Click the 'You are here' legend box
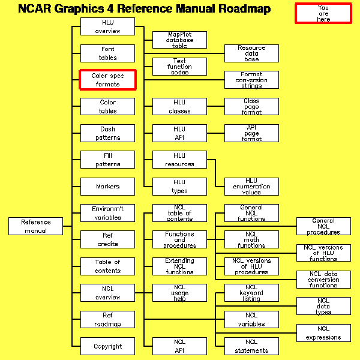pyautogui.click(x=323, y=13)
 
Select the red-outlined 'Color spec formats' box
pyautogui.click(x=108, y=80)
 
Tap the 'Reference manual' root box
pyautogui.click(x=36, y=226)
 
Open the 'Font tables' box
pyautogui.click(x=108, y=53)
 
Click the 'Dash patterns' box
pyautogui.click(x=108, y=133)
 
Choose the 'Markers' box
pyautogui.click(x=108, y=187)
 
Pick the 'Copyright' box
pyautogui.click(x=108, y=346)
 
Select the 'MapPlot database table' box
pyautogui.click(x=179, y=40)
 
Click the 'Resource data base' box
pyautogui.click(x=251, y=53)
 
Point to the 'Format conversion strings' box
pyautogui.click(x=251, y=80)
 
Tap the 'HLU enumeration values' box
pyautogui.click(x=251, y=187)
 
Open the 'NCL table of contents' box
pyautogui.click(x=179, y=213)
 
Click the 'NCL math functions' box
pyautogui.click(x=251, y=239)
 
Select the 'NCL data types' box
pyautogui.click(x=323, y=306)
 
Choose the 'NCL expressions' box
pyautogui.click(x=323, y=333)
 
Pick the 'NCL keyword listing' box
pyautogui.click(x=251, y=293)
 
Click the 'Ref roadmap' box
pyautogui.click(x=108, y=320)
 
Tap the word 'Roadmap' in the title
pyautogui.click(x=240, y=9)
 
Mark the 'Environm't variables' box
pyautogui.click(x=108, y=213)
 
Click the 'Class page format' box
pyautogui.click(x=251, y=107)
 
